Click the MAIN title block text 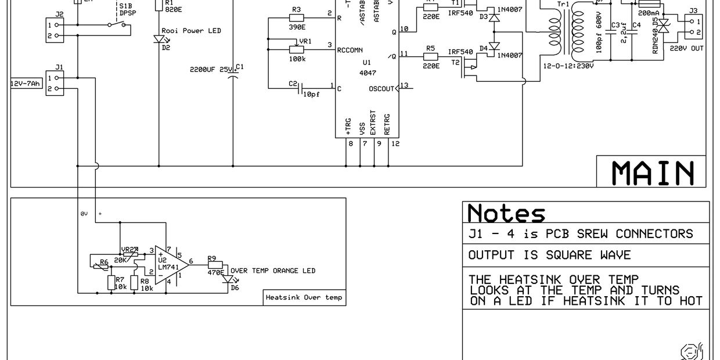click(x=653, y=172)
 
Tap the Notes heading click(x=506, y=213)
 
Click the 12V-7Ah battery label click(x=26, y=84)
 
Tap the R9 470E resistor click(x=215, y=265)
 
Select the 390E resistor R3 click(x=296, y=18)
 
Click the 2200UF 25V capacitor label click(x=211, y=69)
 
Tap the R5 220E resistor click(x=430, y=56)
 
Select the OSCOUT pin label click(x=381, y=89)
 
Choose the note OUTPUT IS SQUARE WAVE click(x=549, y=255)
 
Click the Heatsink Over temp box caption click(x=304, y=297)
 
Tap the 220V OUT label click(x=686, y=48)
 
